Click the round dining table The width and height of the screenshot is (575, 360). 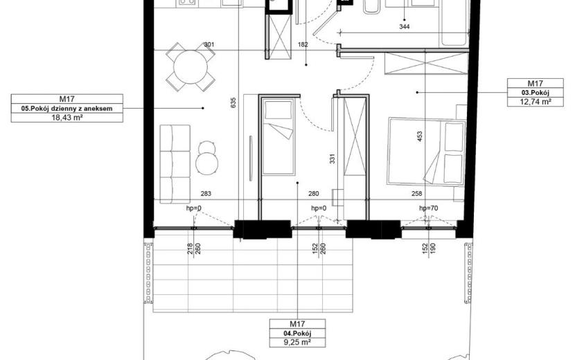(x=191, y=67)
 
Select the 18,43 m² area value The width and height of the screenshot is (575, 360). (x=67, y=118)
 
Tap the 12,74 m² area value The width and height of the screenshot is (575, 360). (x=536, y=102)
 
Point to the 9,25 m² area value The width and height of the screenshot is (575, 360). (x=297, y=343)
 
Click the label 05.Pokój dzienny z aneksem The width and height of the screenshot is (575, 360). (x=67, y=109)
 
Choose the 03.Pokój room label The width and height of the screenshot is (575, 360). (x=536, y=93)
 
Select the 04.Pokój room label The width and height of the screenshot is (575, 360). (x=297, y=333)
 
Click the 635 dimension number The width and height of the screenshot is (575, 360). (x=233, y=102)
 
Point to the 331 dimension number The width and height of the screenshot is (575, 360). (x=333, y=159)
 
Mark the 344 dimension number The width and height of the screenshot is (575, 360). (x=404, y=26)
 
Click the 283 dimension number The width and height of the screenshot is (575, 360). (x=206, y=194)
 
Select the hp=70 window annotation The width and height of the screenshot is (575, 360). (x=429, y=208)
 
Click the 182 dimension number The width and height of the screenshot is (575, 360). (x=303, y=45)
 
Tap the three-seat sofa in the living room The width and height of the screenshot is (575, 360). (x=175, y=164)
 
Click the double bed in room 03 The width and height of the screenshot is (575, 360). (x=427, y=152)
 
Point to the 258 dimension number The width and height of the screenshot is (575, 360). (x=417, y=194)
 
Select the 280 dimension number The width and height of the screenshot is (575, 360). (x=314, y=194)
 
